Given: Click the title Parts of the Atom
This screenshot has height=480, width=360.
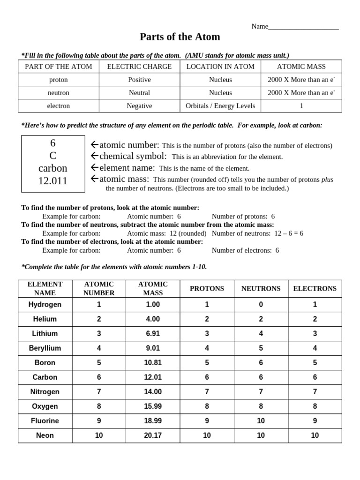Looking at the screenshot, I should pos(180,37).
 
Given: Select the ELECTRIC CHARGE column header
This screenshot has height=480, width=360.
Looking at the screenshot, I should pos(139,67).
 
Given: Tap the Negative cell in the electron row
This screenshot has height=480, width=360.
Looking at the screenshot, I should pos(139,106).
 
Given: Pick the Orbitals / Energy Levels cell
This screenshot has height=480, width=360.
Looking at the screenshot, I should pos(220,106).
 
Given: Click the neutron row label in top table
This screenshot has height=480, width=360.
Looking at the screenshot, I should pos(58,93).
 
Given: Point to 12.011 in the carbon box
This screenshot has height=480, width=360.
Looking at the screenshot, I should pos(53,181).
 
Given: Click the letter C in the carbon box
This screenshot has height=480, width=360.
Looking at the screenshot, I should pos(53,156).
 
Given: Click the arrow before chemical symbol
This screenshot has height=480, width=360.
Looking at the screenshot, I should pos(94,156).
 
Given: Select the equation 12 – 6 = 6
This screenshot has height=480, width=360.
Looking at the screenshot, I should pos(288,233).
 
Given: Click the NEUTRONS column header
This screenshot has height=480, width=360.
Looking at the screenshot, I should pos(261,289).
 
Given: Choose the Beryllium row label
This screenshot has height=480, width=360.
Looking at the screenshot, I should pos(45,348).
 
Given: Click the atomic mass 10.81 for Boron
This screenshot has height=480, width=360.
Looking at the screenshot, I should pos(153,363).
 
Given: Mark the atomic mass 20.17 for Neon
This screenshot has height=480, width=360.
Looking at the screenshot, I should pos(153,435).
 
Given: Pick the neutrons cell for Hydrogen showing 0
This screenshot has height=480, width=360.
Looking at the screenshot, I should pos(261,305).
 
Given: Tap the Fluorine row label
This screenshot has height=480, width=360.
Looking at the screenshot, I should pos(45,421).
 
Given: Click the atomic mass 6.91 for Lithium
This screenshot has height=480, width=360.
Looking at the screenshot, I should pos(153,334).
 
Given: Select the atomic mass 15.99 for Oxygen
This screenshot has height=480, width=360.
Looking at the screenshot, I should pos(153,406).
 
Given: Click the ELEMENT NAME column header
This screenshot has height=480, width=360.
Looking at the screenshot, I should pos(45,289).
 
